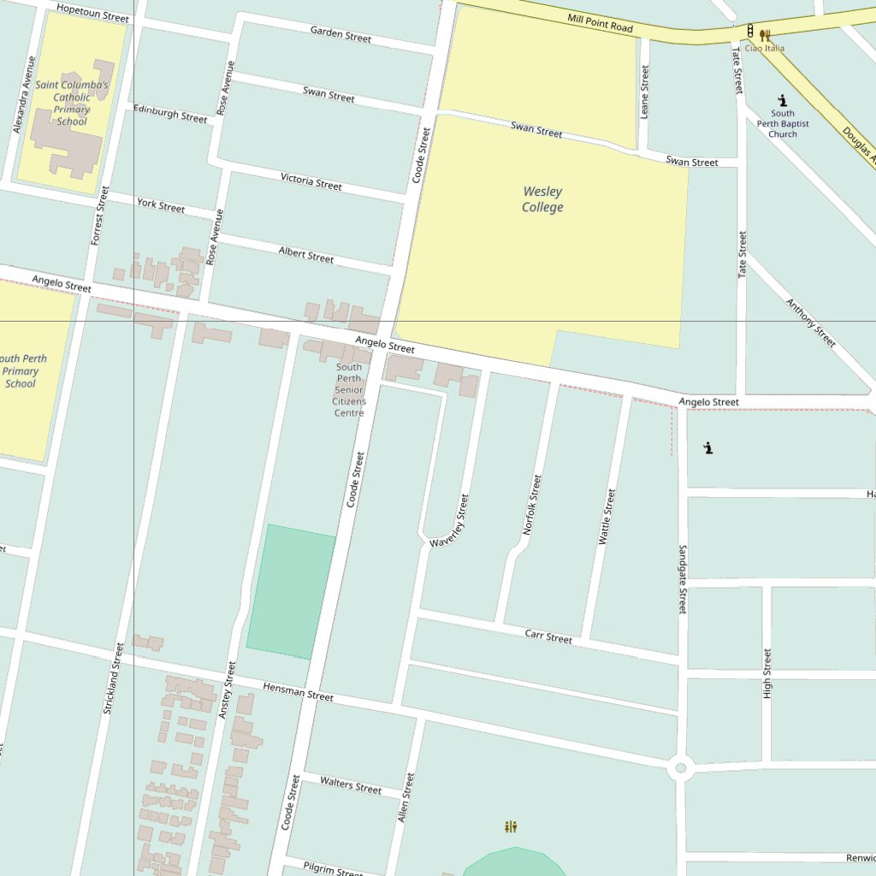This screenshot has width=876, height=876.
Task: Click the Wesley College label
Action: tap(542, 199)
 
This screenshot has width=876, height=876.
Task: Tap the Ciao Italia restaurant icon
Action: tap(765, 36)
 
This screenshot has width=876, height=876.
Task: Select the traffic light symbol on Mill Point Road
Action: tap(750, 32)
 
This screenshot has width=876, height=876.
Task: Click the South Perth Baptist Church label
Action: tap(782, 123)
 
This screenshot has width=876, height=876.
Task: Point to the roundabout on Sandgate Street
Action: tap(681, 767)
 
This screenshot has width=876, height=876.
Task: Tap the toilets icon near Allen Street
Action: tap(511, 826)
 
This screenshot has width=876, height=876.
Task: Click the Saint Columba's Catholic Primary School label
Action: tap(72, 104)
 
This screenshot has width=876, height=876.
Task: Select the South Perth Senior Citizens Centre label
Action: tap(349, 390)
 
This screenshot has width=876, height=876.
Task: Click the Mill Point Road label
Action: tap(600, 23)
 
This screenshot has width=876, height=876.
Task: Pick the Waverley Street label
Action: tap(451, 521)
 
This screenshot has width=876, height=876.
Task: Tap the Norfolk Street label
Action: tap(532, 505)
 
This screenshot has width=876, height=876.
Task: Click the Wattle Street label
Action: tap(607, 517)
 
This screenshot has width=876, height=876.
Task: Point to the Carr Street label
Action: tap(548, 636)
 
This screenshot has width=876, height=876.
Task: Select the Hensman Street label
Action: tap(298, 691)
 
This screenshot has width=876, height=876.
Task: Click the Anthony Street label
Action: tap(810, 323)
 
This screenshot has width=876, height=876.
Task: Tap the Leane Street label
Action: tap(645, 92)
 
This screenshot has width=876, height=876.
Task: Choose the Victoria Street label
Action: tap(311, 181)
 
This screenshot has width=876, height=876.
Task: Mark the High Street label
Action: tap(766, 673)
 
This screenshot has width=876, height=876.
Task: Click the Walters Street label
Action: tap(351, 784)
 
